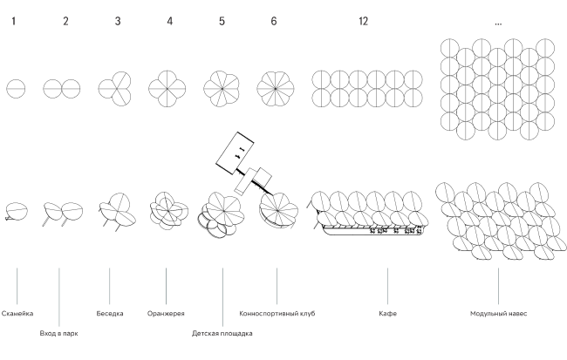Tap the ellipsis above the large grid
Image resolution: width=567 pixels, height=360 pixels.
(498, 23)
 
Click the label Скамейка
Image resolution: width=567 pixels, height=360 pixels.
(18, 313)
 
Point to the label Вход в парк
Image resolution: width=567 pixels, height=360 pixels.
(60, 333)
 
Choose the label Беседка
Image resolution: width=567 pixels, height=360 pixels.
(110, 313)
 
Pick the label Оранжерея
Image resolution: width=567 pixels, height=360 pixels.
(166, 313)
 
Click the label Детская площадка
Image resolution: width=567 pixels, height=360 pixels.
(222, 333)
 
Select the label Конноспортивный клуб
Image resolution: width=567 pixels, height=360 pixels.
(277, 313)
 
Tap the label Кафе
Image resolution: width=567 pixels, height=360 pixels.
(387, 313)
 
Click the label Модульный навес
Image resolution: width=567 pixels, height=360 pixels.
(498, 313)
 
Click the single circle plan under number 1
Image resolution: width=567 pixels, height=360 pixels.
(16, 88)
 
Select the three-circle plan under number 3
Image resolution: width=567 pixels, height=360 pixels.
(116, 88)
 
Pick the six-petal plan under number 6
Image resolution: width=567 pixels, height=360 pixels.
(274, 88)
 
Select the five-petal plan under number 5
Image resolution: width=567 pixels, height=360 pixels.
(221, 88)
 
